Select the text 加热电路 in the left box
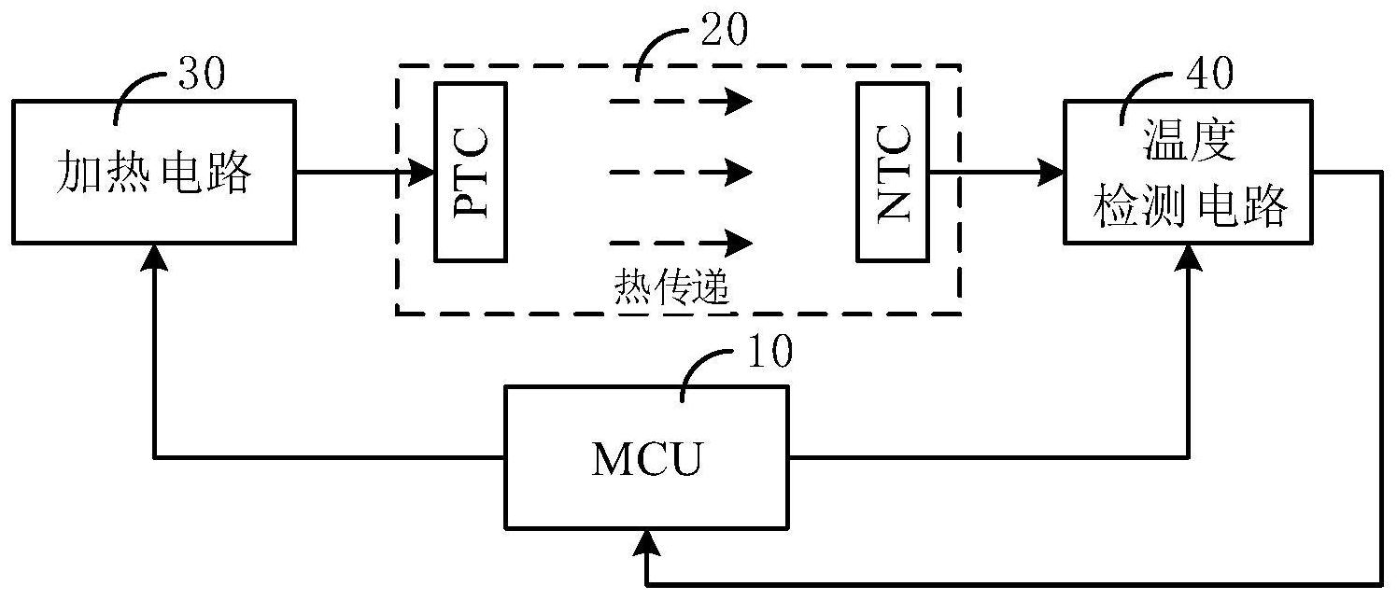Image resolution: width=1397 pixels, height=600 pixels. (x=155, y=173)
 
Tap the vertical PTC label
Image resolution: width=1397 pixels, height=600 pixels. (x=471, y=173)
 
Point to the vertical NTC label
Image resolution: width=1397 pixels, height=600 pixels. (x=894, y=173)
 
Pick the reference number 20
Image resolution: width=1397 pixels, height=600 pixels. (x=722, y=31)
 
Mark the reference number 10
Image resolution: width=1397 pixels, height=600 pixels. (x=768, y=353)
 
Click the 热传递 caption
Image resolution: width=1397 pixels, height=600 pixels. (x=671, y=286)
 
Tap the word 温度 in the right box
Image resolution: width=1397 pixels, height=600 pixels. (x=1190, y=143)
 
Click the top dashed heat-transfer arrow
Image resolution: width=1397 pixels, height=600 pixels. (x=681, y=100)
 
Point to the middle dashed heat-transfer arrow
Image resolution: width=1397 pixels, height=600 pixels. (x=681, y=172)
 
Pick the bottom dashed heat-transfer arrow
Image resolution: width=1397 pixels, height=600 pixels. (x=681, y=243)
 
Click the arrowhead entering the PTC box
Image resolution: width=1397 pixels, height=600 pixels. (x=425, y=172)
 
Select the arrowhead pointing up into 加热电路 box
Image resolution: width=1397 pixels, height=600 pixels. (x=154, y=256)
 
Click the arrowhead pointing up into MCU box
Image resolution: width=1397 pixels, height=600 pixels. (x=645, y=538)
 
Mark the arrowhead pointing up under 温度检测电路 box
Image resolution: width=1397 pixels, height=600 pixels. (x=1189, y=256)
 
